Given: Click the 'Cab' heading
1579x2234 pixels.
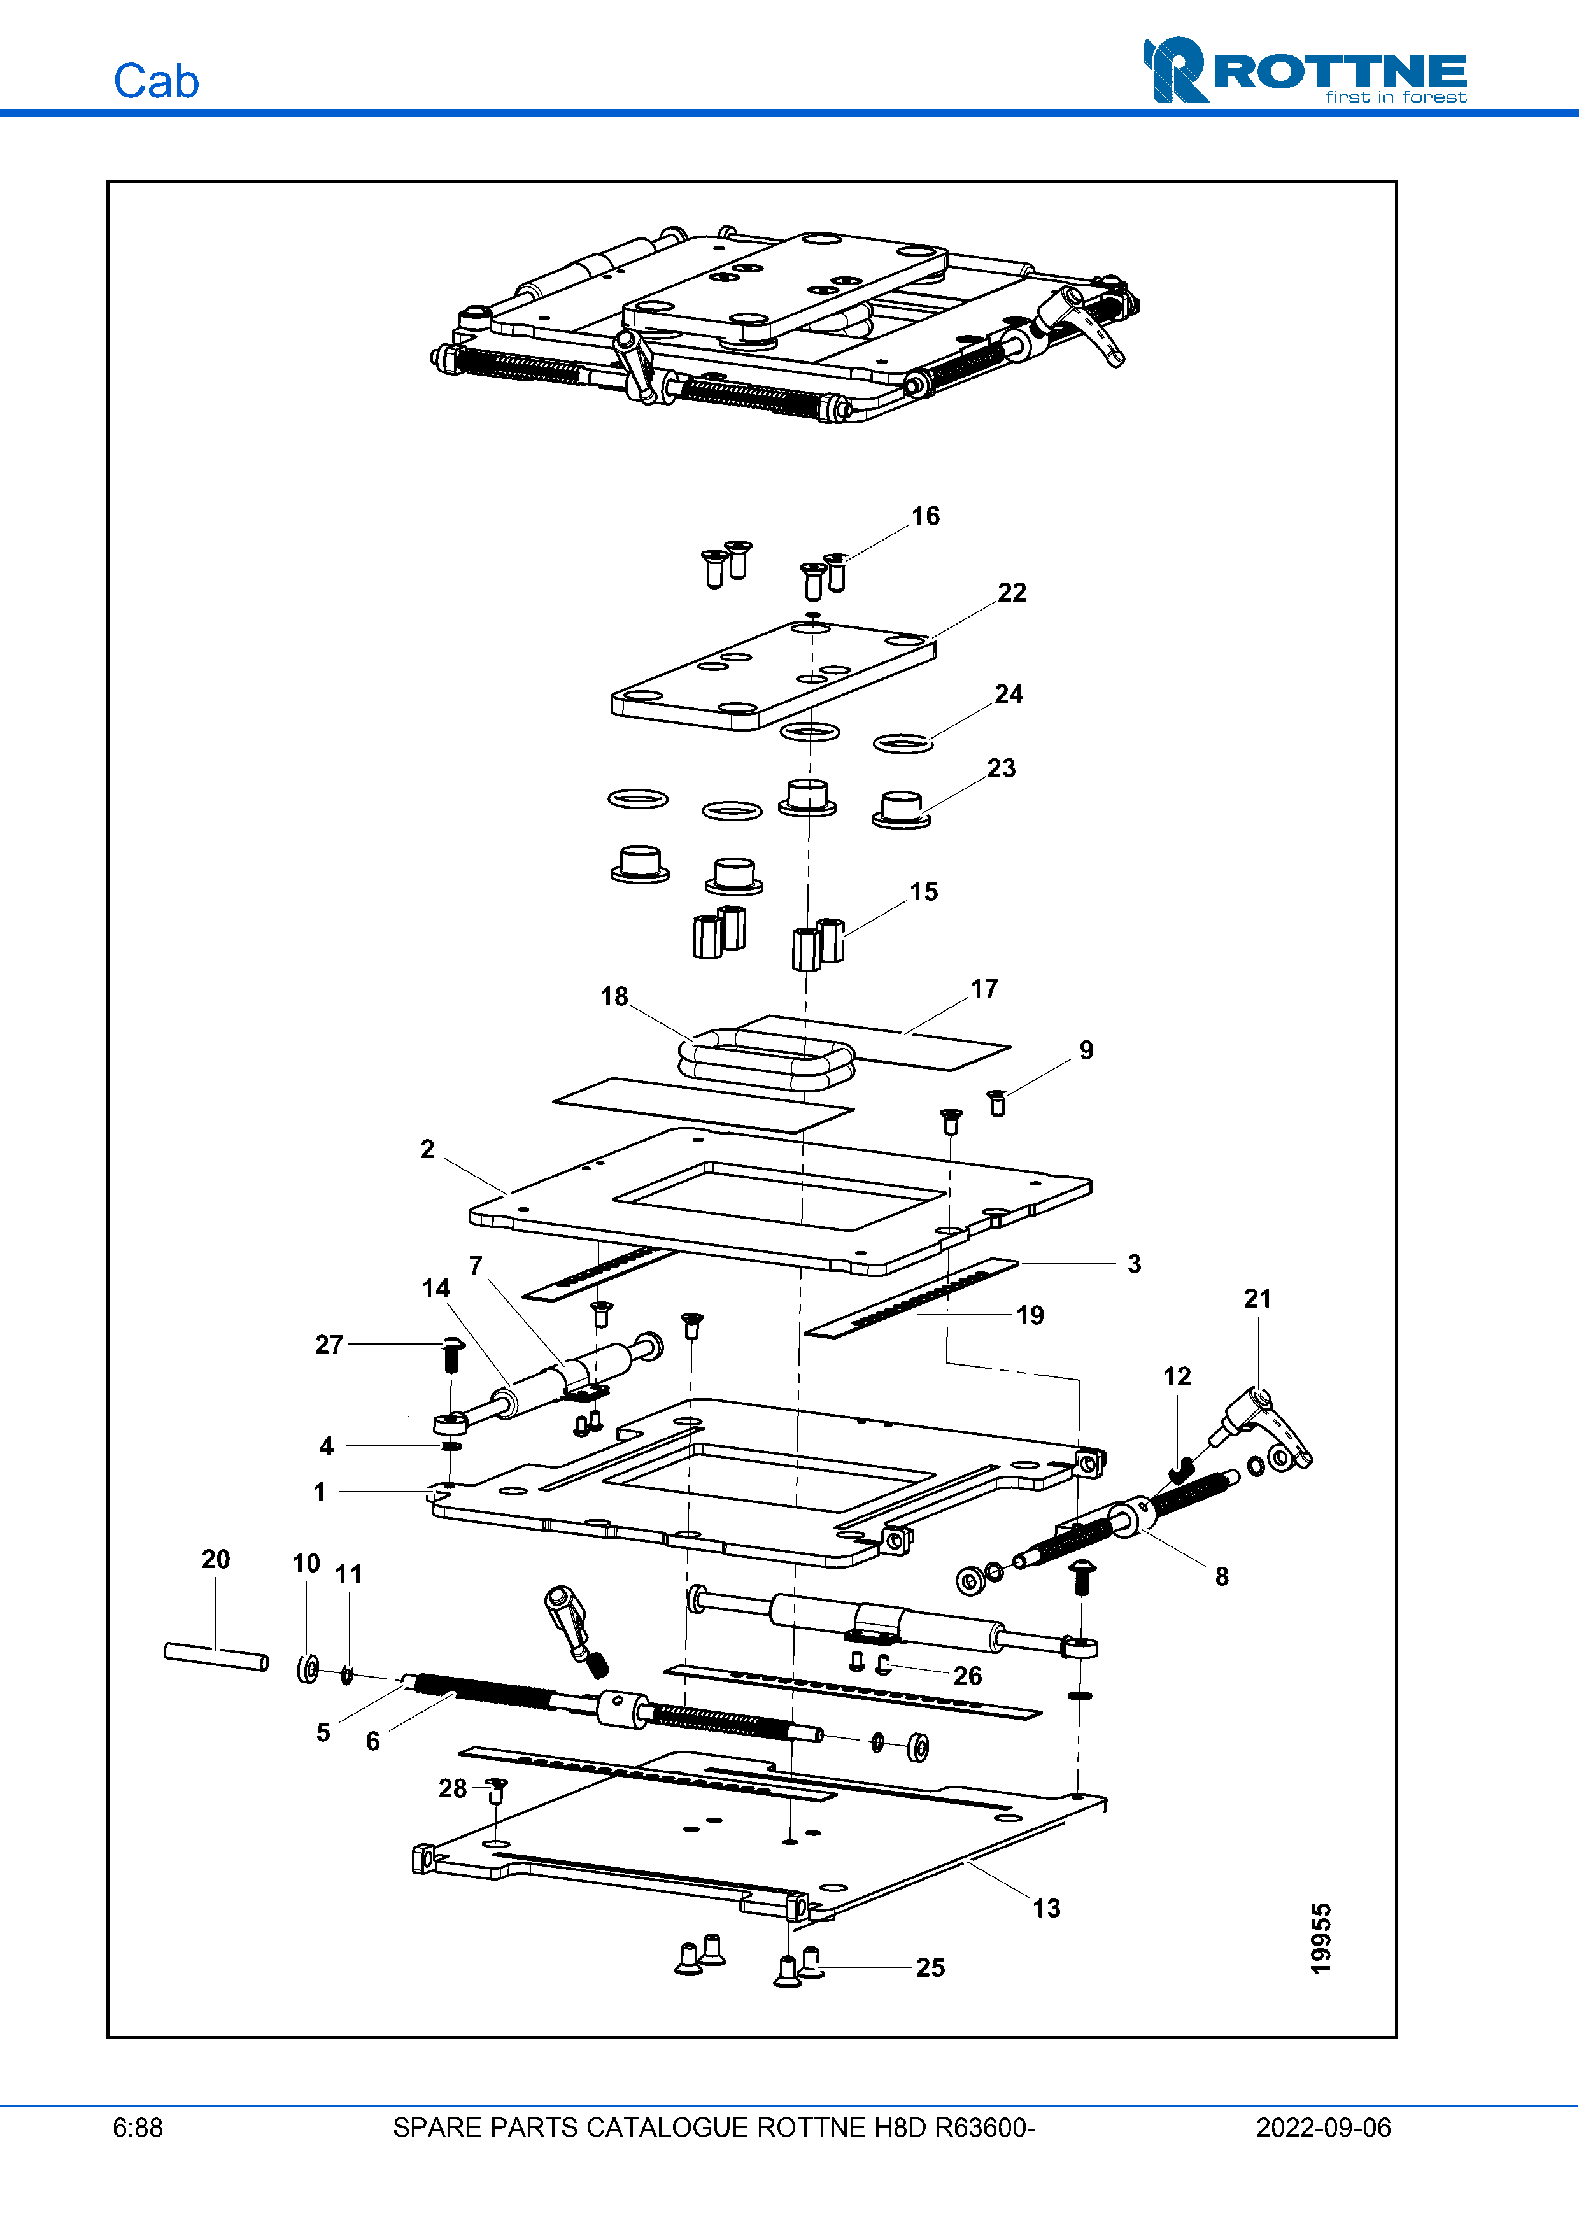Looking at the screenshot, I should (x=155, y=81).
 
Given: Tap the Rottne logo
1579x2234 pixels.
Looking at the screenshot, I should (x=1304, y=70).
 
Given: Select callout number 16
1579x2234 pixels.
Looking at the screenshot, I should (x=925, y=516).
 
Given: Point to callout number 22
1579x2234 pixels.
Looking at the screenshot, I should (x=1011, y=593).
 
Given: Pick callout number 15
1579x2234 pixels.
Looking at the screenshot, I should (x=923, y=891).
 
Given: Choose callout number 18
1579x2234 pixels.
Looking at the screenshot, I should (x=614, y=996).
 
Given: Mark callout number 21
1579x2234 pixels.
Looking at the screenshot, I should (x=1257, y=1298).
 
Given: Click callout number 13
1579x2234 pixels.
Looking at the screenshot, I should (x=1046, y=1908).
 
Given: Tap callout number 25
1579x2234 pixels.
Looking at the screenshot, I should (x=929, y=1967).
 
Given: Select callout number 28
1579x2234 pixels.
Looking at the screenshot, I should (x=453, y=1788).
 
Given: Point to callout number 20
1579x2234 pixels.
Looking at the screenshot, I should (x=215, y=1559).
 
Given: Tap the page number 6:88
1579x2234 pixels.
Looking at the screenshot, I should (x=137, y=2128).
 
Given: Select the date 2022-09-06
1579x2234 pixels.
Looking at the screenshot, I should (x=1322, y=2128).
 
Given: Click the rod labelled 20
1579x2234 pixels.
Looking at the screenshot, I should (x=216, y=1656).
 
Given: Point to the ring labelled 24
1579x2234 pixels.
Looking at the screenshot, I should (x=903, y=744).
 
